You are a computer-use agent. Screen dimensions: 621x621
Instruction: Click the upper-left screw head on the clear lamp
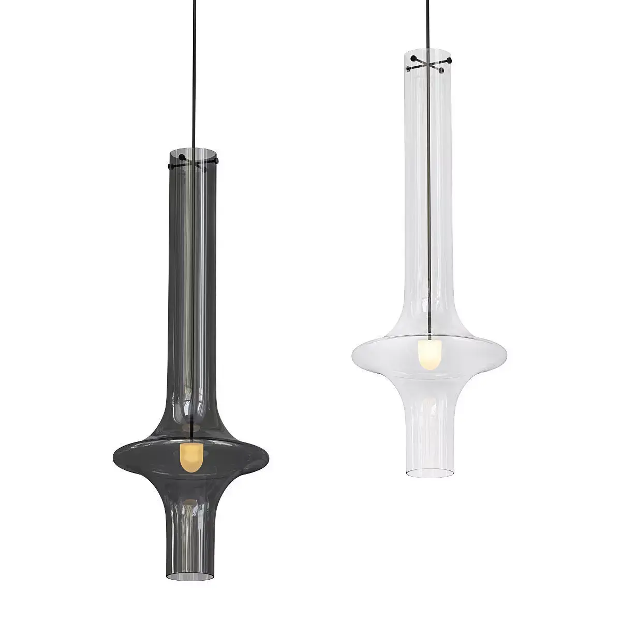point(414,56)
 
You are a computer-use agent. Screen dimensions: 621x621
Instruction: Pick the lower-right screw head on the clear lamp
point(442,71)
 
